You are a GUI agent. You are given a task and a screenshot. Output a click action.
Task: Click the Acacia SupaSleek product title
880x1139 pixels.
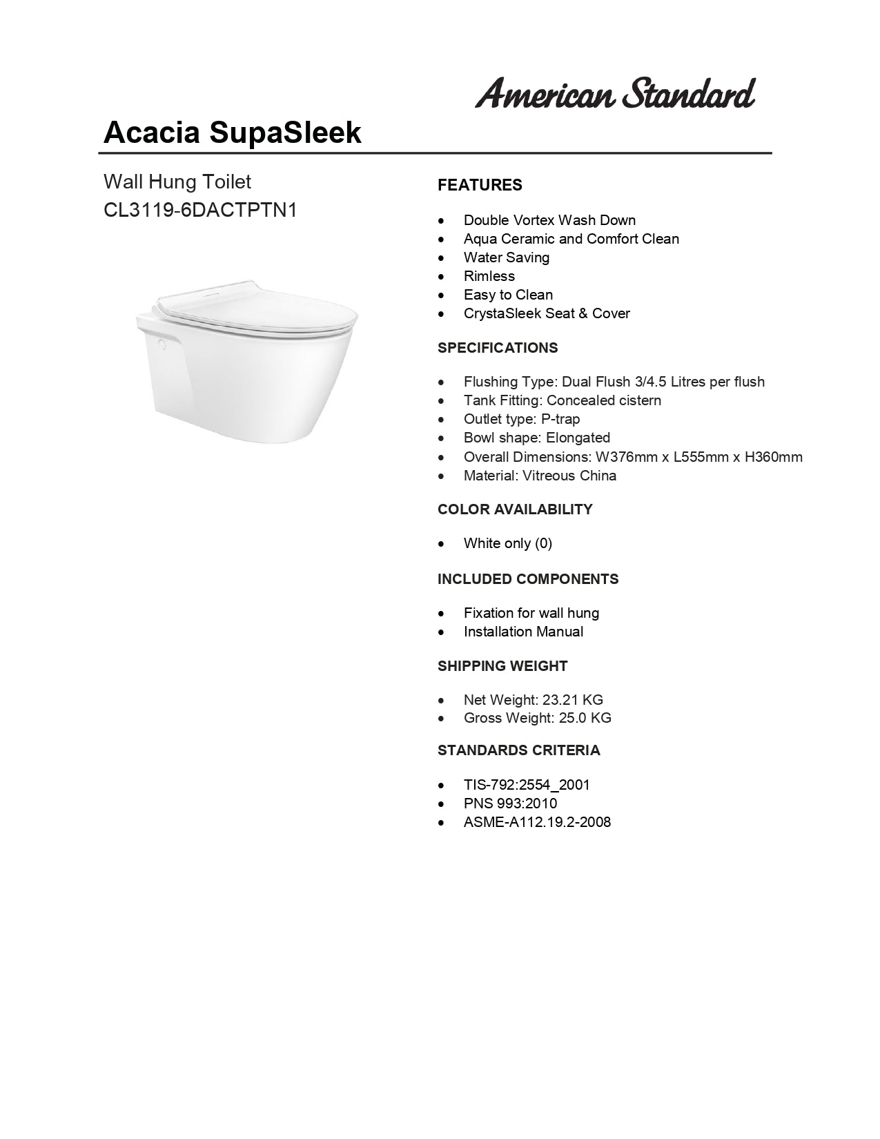[232, 132]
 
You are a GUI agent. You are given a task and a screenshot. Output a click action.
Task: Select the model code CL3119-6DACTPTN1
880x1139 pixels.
[200, 210]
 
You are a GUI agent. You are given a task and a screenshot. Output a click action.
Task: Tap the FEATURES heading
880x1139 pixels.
[480, 185]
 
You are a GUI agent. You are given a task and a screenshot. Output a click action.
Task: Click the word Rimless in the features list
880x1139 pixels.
[489, 276]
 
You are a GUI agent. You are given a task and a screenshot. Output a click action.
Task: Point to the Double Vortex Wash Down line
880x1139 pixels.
[549, 220]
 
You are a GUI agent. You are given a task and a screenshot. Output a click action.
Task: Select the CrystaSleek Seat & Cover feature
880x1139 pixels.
[547, 313]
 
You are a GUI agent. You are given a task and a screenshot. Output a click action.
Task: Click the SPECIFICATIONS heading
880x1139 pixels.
[498, 348]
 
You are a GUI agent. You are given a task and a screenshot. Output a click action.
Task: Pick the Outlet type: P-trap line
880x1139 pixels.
[522, 419]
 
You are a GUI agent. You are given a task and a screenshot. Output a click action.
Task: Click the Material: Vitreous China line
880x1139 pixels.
[540, 476]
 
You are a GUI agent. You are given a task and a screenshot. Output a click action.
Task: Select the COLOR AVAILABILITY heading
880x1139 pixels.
[515, 509]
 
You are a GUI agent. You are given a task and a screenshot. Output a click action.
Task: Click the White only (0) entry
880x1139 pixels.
[508, 543]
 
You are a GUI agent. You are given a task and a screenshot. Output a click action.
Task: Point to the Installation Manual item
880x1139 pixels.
[523, 632]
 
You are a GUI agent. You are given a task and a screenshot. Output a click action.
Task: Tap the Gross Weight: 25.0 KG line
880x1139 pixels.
[537, 718]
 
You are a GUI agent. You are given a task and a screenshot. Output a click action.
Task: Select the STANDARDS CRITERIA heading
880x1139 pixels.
[519, 750]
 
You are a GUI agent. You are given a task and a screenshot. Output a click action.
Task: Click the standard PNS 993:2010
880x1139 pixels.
[510, 804]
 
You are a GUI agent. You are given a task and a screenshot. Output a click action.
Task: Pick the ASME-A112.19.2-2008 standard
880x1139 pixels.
[537, 822]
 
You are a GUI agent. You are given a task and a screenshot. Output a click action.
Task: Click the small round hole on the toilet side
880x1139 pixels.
[162, 342]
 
